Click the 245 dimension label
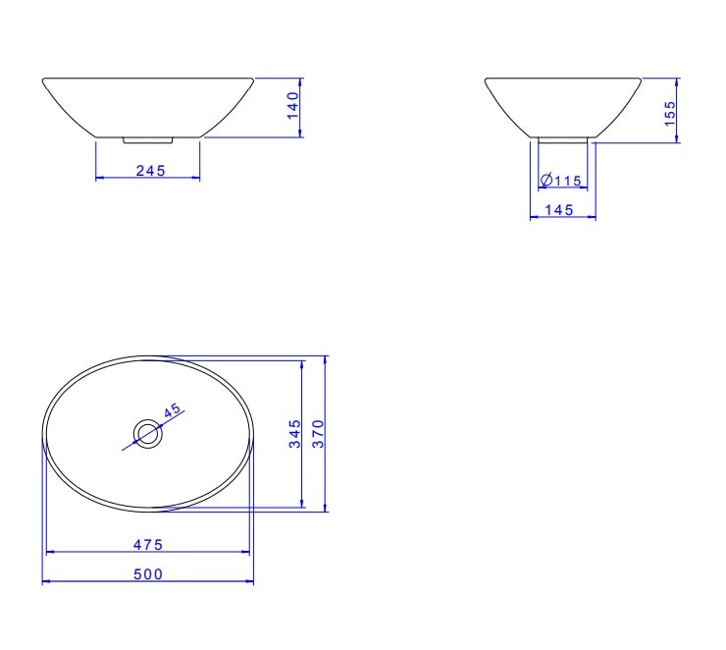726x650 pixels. pos(149,170)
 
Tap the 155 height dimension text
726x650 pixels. pos(670,111)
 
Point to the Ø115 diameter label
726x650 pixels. pos(562,180)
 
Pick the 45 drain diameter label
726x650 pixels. pos(174,412)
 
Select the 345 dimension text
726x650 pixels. pos(294,434)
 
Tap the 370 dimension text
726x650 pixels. pos(317,434)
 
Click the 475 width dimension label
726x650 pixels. pos(148,543)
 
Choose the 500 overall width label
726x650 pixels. pos(148,573)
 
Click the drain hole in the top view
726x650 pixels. pos(147,432)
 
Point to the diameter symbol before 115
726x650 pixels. pos(545,180)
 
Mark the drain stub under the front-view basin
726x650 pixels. pos(147,140)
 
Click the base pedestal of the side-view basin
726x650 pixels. pos(563,139)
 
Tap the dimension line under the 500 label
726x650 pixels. pos(148,582)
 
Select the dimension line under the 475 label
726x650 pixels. pos(148,552)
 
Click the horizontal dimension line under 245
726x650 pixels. pos(147,178)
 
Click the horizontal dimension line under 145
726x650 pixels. pos(563,218)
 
